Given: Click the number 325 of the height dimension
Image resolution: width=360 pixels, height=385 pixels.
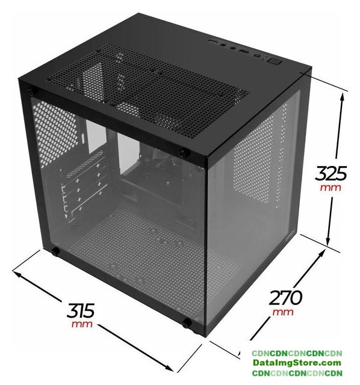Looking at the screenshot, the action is click(x=331, y=173).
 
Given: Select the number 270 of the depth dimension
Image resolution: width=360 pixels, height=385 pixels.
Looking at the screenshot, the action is click(x=285, y=298).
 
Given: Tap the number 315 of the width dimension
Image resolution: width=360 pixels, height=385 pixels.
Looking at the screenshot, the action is click(x=80, y=310).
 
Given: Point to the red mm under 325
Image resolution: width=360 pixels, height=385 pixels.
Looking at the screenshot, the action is click(x=331, y=188).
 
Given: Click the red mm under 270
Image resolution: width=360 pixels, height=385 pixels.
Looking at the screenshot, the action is click(x=283, y=312).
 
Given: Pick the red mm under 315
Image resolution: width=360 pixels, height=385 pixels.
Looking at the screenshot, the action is click(x=82, y=324).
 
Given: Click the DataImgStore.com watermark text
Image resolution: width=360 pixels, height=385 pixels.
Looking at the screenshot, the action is click(x=297, y=363).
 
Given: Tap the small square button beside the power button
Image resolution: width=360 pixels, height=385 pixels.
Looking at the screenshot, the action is click(x=258, y=56).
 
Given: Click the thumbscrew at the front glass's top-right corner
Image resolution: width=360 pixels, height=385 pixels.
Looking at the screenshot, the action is click(x=183, y=153).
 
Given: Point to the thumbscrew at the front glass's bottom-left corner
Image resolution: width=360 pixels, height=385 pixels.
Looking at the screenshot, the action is click(x=55, y=251).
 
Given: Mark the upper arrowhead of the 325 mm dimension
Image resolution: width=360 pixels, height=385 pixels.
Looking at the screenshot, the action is click(x=343, y=97).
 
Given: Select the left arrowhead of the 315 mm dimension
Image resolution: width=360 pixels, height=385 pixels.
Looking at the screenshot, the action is click(x=17, y=274).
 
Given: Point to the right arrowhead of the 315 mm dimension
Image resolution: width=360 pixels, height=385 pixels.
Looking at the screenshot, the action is click(x=168, y=368).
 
